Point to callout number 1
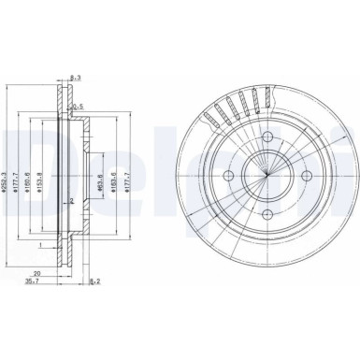[x=40, y=247]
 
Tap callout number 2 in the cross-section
[x=72, y=201]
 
